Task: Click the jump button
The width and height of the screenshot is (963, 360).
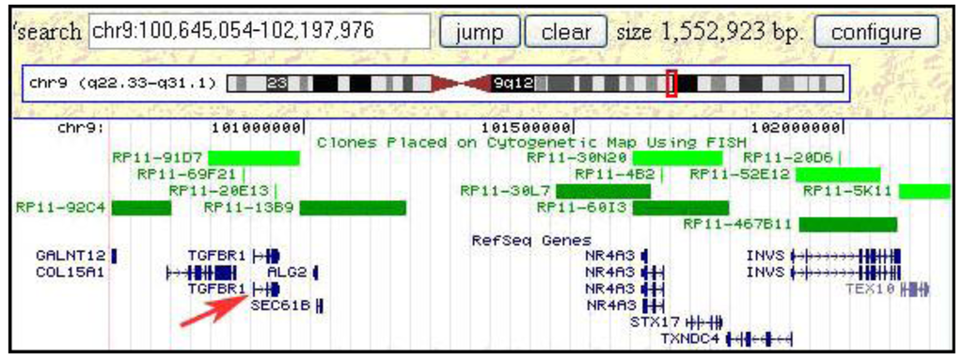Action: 480,31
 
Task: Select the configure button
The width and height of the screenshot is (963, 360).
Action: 876,31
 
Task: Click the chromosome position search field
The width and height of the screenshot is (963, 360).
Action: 258,31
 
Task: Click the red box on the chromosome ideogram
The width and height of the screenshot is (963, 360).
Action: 671,83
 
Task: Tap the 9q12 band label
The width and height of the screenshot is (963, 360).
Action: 513,83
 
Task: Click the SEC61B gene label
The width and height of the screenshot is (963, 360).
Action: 280,305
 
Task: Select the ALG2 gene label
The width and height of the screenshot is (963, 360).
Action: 287,272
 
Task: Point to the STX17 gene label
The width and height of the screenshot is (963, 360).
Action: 655,321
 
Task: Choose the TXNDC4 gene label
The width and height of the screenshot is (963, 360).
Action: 689,337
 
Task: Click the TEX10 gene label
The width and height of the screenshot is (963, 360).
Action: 870,289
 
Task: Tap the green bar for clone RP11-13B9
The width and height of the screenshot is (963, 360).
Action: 353,207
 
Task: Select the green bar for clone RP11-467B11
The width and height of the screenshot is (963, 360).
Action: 847,224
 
